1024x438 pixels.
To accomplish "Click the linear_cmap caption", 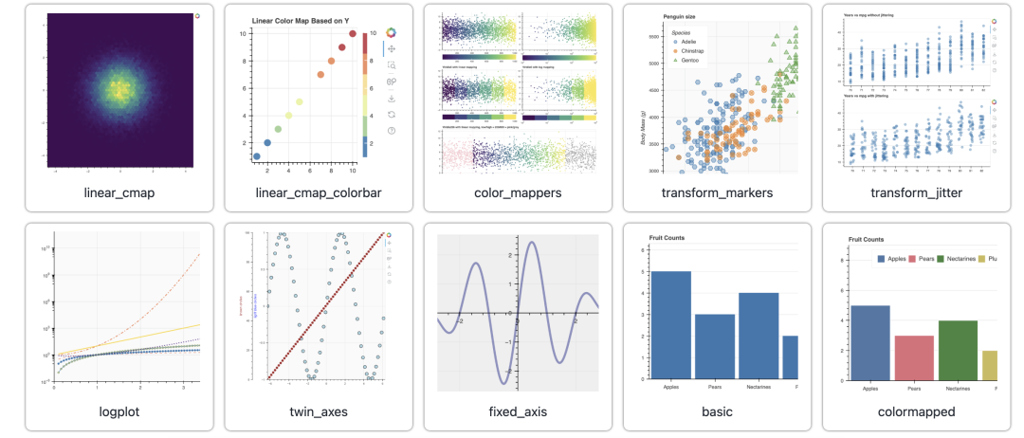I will click(x=119, y=193).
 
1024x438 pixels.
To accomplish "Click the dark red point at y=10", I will click(x=353, y=34).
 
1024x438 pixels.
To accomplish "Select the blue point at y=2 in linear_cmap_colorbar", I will click(x=267, y=143).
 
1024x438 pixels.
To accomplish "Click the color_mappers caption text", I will click(x=518, y=193).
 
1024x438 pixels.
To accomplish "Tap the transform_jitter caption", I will click(x=916, y=193).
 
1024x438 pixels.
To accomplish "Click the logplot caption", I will click(x=119, y=411).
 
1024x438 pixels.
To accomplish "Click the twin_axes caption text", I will click(x=319, y=411).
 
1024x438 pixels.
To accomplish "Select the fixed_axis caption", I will click(x=518, y=411).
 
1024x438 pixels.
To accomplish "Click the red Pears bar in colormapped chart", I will click(x=914, y=357).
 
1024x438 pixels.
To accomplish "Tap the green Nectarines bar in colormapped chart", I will click(x=958, y=350).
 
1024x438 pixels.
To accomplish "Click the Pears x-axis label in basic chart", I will click(x=715, y=387).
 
